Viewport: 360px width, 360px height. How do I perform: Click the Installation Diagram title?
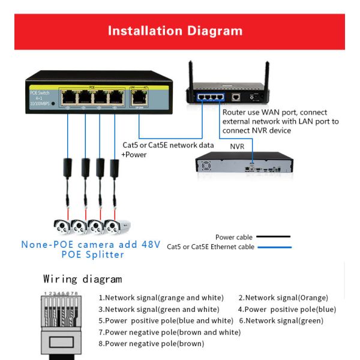(175, 31)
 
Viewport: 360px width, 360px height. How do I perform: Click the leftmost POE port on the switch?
(67, 97)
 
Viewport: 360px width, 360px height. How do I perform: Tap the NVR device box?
(245, 164)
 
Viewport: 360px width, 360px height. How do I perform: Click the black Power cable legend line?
(274, 238)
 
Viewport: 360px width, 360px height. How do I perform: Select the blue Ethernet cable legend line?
(274, 247)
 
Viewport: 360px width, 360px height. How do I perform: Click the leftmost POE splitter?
(67, 166)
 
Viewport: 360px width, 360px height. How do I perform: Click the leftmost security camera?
(62, 227)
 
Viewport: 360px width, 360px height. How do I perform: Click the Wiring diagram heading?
(82, 279)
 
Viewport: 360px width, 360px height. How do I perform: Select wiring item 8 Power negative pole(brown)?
(151, 344)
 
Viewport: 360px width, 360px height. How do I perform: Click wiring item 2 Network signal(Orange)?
(283, 298)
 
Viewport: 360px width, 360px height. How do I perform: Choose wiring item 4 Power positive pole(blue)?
(287, 309)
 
